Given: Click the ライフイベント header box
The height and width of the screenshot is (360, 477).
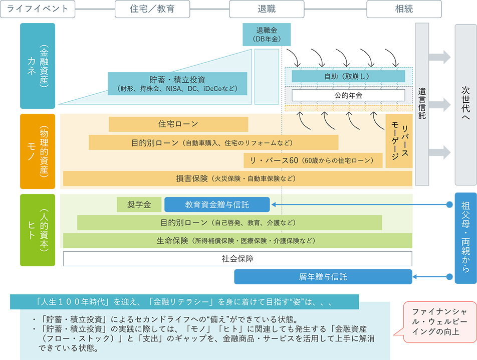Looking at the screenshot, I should [x=38, y=9].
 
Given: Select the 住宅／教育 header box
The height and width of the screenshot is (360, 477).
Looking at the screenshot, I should [x=152, y=9].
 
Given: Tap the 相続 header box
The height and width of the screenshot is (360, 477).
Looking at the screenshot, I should [x=404, y=9].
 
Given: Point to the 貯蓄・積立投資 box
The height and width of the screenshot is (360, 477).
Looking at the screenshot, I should [x=177, y=84].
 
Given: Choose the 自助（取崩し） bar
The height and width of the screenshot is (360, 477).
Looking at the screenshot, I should [x=348, y=76].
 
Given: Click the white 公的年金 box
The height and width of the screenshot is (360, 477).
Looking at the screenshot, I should [x=348, y=95].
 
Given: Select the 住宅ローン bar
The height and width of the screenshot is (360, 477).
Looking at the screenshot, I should [x=178, y=124].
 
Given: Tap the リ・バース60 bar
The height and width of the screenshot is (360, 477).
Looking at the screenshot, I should [x=313, y=160].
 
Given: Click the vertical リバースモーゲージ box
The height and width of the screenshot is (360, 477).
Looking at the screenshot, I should [x=399, y=141].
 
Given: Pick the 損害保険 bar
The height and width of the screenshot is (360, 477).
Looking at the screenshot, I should [x=237, y=178].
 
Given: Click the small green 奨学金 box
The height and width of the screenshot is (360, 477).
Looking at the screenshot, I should [x=139, y=205].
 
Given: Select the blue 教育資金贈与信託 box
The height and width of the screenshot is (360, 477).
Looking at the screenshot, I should [x=216, y=205].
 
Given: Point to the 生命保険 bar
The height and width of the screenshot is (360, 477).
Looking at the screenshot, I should [x=237, y=241].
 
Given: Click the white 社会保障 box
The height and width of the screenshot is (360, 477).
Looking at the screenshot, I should [x=237, y=259].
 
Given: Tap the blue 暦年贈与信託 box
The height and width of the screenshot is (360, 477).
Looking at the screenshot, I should [x=323, y=277].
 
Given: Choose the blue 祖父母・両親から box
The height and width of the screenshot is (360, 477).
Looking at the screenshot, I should [x=465, y=238].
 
